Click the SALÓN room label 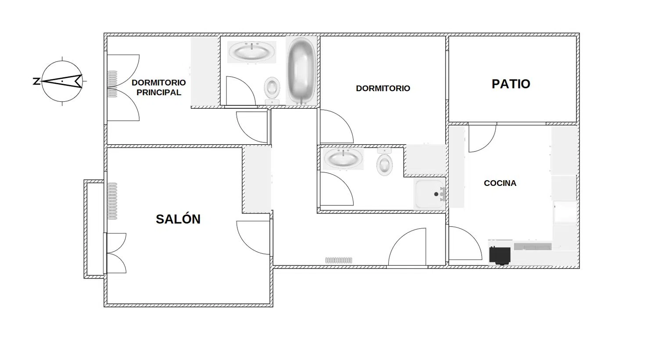tap(178, 219)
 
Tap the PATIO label tap(511, 84)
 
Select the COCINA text tap(500, 183)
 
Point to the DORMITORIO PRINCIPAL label tap(159, 88)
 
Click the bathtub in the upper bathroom tap(301, 71)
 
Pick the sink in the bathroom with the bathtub tap(251, 52)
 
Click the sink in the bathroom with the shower tap(343, 159)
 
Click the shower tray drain tap(436, 194)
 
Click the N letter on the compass tap(36, 81)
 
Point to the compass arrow tap(61, 81)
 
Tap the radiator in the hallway tap(338, 260)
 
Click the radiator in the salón tap(112, 201)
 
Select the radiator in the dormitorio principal tap(112, 84)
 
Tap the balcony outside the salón tap(94, 229)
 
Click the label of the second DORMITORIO tap(383, 89)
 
